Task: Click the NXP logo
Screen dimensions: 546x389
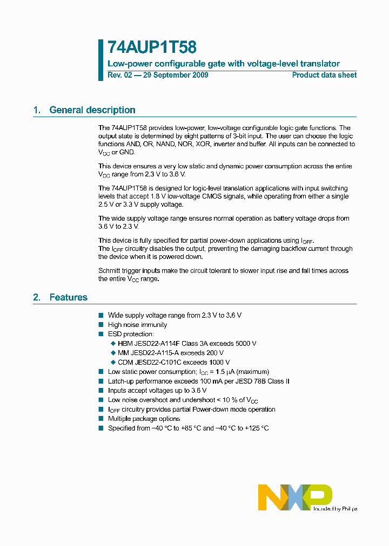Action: tap(294, 497)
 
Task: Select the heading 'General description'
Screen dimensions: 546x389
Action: tap(92, 110)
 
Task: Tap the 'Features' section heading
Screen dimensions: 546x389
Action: tap(68, 297)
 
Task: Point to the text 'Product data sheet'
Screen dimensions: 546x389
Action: tap(324, 75)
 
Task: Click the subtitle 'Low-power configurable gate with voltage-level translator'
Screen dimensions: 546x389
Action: tap(224, 64)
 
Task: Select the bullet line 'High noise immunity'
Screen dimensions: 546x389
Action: tap(137, 325)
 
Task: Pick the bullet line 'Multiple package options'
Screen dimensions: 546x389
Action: tap(144, 419)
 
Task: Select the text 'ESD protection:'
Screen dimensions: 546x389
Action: tap(131, 334)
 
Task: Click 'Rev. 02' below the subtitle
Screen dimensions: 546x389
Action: tap(119, 75)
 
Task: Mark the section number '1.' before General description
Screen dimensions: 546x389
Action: tap(37, 110)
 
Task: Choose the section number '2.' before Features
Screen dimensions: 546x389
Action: tap(37, 297)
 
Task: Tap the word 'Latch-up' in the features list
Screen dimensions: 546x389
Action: tap(121, 381)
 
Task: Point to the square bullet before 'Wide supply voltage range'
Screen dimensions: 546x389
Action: tap(100, 315)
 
